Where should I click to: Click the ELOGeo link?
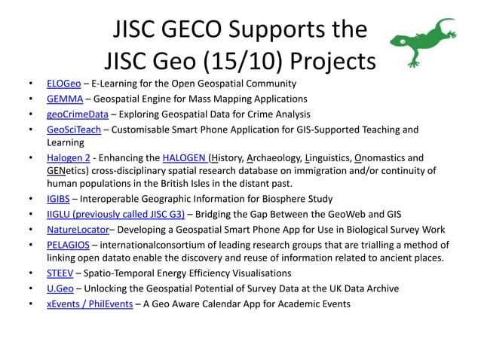[x=63, y=84]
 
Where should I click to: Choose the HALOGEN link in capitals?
[x=185, y=157]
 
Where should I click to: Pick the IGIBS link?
[x=58, y=200]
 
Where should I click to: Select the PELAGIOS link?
[x=68, y=246]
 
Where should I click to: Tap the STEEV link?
[x=60, y=273]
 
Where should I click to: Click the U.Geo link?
[x=60, y=288]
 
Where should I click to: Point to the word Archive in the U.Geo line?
[x=380, y=288]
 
